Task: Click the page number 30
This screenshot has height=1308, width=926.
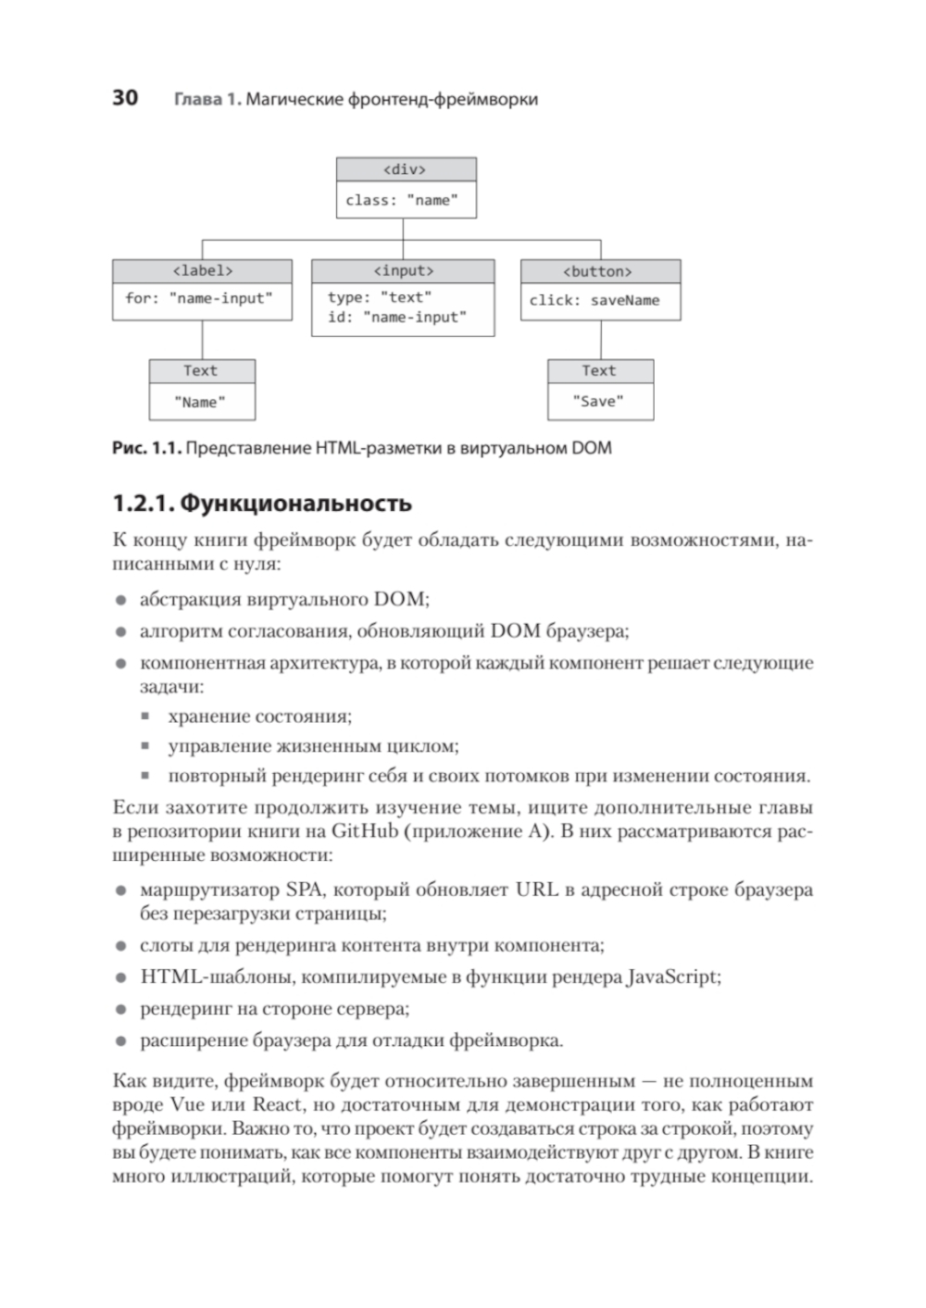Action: click(x=125, y=98)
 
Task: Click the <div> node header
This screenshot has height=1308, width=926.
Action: click(x=406, y=169)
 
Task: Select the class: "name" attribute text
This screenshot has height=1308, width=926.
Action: click(x=402, y=200)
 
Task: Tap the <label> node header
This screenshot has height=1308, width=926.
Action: click(x=202, y=271)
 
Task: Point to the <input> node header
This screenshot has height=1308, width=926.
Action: click(x=403, y=271)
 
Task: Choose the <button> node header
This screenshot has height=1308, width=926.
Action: click(x=599, y=272)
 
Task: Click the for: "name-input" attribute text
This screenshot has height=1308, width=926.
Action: click(x=199, y=299)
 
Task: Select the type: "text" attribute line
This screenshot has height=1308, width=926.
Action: click(x=380, y=297)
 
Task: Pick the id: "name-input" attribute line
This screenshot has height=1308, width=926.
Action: click(x=396, y=318)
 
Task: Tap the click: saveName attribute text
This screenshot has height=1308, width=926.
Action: click(x=594, y=301)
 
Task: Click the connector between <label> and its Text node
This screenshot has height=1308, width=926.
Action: click(x=202, y=340)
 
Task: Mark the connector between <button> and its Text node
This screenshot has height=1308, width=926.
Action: click(x=600, y=340)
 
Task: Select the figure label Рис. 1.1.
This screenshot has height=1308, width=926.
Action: click(x=145, y=449)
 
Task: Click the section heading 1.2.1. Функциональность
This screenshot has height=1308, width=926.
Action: click(x=262, y=504)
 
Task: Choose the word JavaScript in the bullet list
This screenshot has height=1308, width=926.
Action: click(x=672, y=978)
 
